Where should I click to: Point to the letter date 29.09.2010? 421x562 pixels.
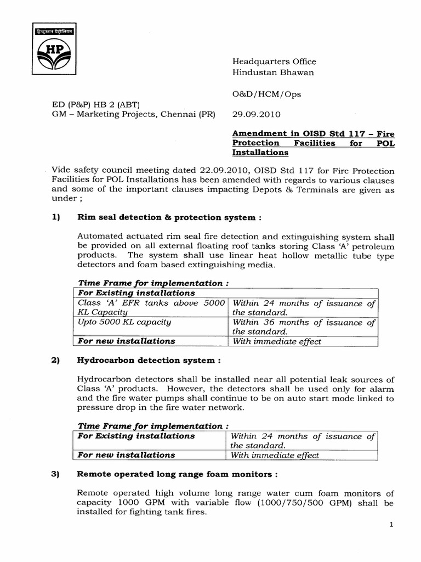tap(257, 115)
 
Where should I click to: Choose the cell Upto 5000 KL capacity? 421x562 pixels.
tap(124, 322)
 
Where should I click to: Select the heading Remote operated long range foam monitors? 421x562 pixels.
tap(178, 474)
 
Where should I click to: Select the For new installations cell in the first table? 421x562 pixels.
tap(127, 341)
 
